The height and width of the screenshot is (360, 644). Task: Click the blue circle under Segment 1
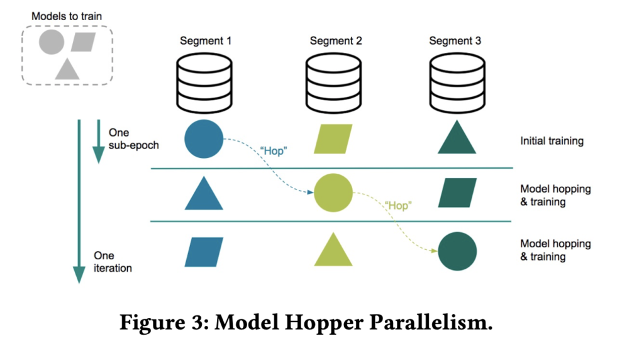point(204,139)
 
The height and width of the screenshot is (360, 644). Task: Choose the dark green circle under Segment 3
point(457,251)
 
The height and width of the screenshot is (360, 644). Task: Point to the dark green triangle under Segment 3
point(457,140)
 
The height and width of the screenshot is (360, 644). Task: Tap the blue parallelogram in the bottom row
point(204,252)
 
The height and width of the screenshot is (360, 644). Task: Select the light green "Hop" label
point(397,206)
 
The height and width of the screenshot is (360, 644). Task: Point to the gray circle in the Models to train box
point(52,42)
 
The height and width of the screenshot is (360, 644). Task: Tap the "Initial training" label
point(552,140)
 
